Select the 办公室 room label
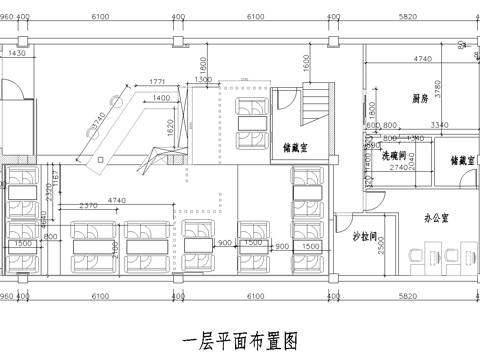click(x=435, y=216)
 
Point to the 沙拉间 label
click(x=364, y=238)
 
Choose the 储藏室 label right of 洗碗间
click(x=459, y=159)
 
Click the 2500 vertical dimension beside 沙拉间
click(x=382, y=243)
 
